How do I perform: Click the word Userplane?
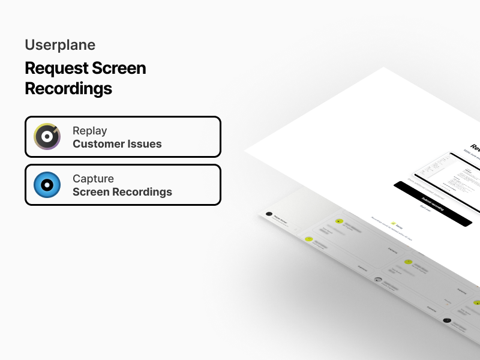click(60, 45)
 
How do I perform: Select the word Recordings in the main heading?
click(68, 89)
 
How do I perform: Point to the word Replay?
click(89, 131)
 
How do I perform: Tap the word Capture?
click(93, 179)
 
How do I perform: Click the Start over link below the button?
click(425, 208)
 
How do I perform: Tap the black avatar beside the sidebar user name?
click(269, 214)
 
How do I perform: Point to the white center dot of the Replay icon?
click(47, 137)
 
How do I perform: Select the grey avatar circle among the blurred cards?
click(378, 280)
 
